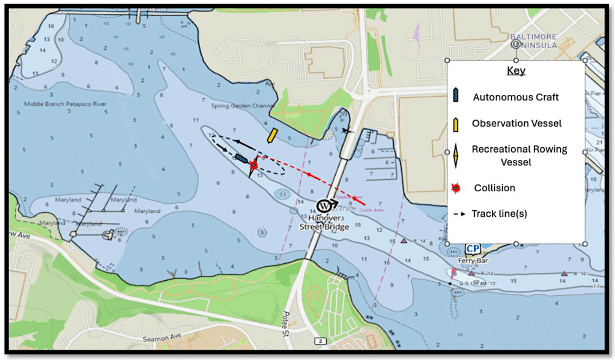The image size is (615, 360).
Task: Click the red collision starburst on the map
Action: tap(254, 164)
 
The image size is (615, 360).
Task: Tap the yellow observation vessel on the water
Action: tap(272, 135)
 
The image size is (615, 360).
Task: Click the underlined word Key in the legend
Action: tap(516, 71)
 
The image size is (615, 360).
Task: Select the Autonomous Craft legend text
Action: tap(516, 97)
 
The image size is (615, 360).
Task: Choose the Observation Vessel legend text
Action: tap(517, 123)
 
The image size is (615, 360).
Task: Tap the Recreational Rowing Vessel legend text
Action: tap(519, 155)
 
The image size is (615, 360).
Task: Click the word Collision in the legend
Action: tap(494, 188)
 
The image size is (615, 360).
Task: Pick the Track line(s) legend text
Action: tap(499, 213)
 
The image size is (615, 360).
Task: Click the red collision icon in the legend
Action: tap(456, 188)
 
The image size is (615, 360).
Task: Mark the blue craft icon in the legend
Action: tap(456, 95)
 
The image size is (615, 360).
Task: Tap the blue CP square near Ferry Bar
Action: tap(473, 249)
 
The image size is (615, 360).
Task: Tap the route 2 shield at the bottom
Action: tap(321, 341)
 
